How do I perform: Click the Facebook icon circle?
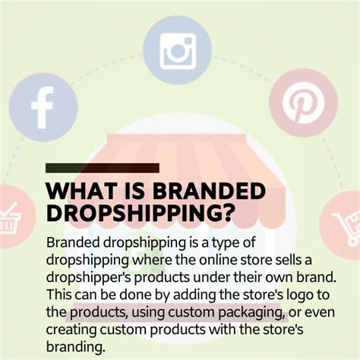[x=43, y=106]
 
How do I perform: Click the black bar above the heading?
[x=103, y=168]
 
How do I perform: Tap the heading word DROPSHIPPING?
[x=140, y=215]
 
